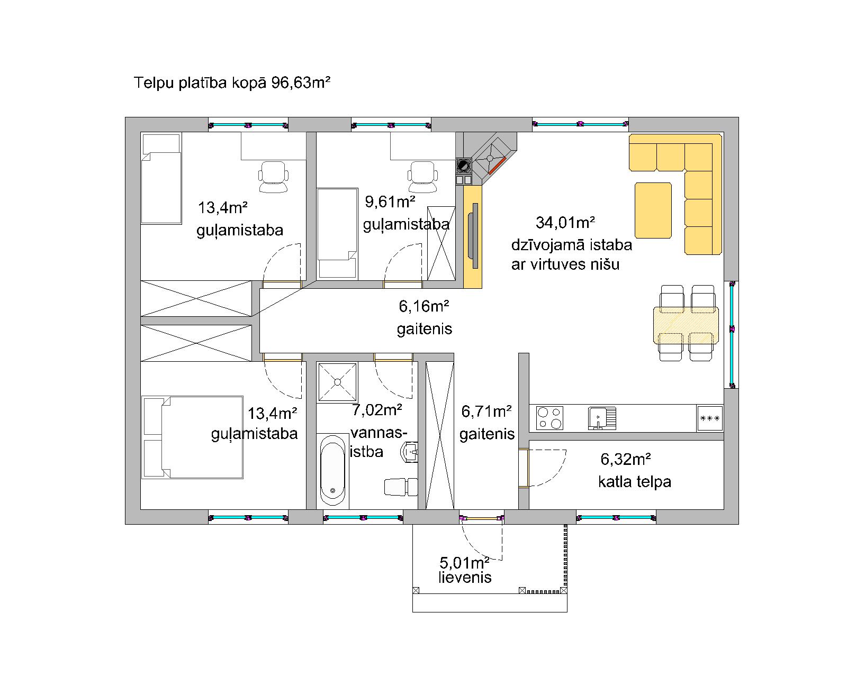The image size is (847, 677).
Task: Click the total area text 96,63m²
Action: (301, 83)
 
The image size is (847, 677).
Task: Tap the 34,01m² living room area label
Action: (565, 223)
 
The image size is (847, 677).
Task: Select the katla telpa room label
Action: (635, 481)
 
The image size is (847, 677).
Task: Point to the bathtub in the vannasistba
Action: (332, 470)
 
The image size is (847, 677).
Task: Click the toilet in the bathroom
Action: (401, 487)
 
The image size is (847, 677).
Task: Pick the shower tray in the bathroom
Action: (337, 382)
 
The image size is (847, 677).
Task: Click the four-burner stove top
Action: (549, 418)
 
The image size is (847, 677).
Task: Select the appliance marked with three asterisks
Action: (710, 418)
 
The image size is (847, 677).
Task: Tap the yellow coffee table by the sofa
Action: (653, 211)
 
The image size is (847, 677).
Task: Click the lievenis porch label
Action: (465, 578)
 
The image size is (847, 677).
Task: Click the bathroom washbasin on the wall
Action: (409, 452)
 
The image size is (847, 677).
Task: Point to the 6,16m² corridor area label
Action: (424, 306)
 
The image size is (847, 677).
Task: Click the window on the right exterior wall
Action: (732, 334)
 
